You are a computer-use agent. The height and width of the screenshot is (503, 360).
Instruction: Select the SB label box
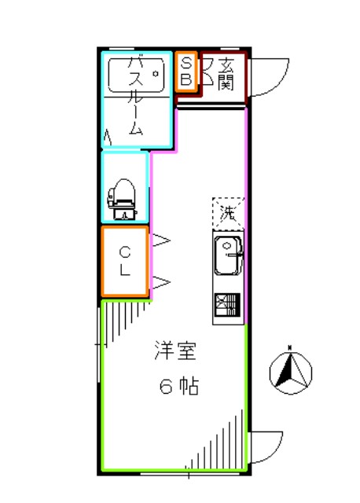point(186,72)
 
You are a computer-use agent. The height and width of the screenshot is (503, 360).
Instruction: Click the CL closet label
point(125,261)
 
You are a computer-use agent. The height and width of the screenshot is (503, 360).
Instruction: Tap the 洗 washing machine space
point(227,211)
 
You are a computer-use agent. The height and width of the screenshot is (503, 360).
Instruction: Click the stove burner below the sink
point(227,303)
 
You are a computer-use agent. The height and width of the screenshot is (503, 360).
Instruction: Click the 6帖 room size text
point(178,387)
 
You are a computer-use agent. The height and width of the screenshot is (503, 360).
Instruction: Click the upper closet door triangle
point(160,240)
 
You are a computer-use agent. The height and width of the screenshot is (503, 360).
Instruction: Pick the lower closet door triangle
point(160,281)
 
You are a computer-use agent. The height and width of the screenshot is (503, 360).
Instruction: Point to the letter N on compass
point(290,347)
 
